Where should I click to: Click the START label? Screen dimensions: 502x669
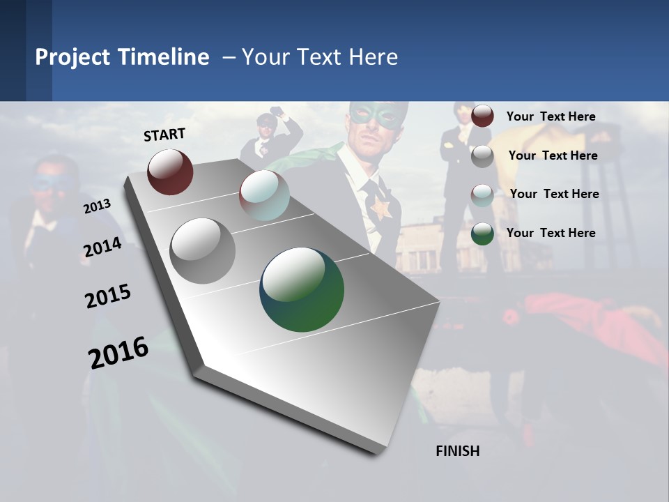(164, 135)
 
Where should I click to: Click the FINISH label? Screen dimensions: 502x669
(457, 451)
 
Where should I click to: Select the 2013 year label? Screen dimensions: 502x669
(97, 206)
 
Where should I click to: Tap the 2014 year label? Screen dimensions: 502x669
(102, 248)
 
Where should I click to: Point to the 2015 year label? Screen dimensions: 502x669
(108, 296)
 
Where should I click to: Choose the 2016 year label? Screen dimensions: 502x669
(118, 352)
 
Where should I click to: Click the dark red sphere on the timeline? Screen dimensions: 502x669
(170, 172)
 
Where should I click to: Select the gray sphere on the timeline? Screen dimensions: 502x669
(202, 251)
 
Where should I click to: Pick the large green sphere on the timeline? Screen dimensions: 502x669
(302, 289)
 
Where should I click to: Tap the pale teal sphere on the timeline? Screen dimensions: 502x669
(264, 195)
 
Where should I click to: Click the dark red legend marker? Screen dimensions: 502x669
(482, 116)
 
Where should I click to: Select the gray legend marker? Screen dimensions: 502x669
(482, 155)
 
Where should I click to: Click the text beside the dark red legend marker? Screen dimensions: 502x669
(551, 116)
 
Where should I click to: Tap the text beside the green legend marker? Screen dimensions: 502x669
(551, 233)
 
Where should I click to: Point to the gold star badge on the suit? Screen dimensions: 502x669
(380, 208)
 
